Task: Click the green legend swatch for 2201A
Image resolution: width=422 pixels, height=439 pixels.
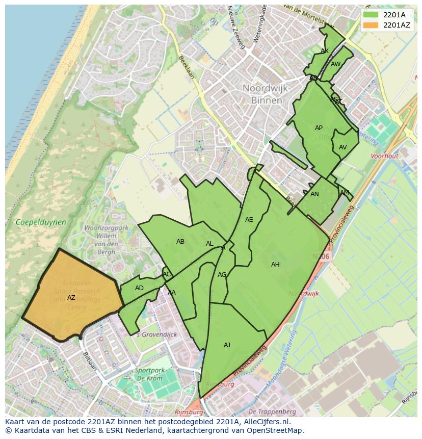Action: click(371, 15)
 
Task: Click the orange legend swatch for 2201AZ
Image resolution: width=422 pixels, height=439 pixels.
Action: click(371, 25)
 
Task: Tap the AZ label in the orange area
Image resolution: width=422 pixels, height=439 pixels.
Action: click(71, 298)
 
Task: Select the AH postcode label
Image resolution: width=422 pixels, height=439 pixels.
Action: click(275, 265)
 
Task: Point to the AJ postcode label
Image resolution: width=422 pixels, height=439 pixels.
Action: click(227, 345)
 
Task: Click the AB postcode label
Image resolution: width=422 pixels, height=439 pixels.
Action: click(180, 242)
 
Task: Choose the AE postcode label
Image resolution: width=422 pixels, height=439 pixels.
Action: click(249, 220)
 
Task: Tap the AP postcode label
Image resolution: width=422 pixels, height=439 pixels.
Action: click(319, 128)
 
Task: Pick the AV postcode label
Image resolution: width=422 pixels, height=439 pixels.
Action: click(342, 147)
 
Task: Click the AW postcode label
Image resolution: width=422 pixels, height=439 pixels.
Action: click(335, 64)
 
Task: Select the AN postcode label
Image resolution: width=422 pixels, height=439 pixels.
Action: click(314, 194)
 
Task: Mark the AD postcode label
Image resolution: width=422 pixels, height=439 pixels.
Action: click(139, 288)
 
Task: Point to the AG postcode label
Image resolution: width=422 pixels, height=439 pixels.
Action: click(222, 275)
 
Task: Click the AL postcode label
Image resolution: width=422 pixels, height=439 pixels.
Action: click(209, 244)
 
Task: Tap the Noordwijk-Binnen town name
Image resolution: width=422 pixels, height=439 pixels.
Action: click(267, 94)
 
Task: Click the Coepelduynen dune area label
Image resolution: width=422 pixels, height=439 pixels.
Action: click(41, 222)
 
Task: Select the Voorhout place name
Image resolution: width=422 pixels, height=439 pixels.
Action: click(385, 157)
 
